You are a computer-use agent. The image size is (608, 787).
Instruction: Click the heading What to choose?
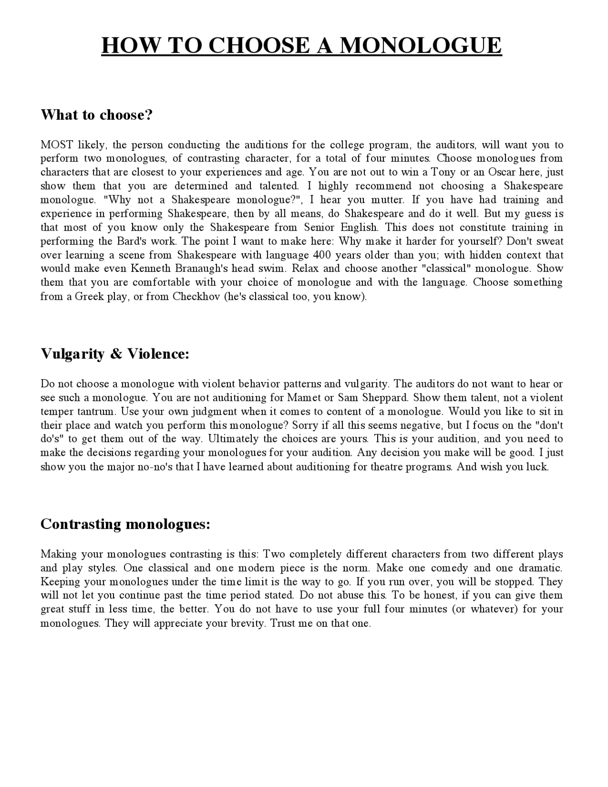point(96,115)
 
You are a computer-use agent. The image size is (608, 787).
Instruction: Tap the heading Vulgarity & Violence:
point(115,354)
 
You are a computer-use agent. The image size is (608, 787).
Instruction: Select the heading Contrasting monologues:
point(125,524)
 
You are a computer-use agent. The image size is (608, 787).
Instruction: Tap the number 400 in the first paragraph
point(323,255)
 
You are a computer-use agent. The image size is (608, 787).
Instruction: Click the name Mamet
point(304,397)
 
